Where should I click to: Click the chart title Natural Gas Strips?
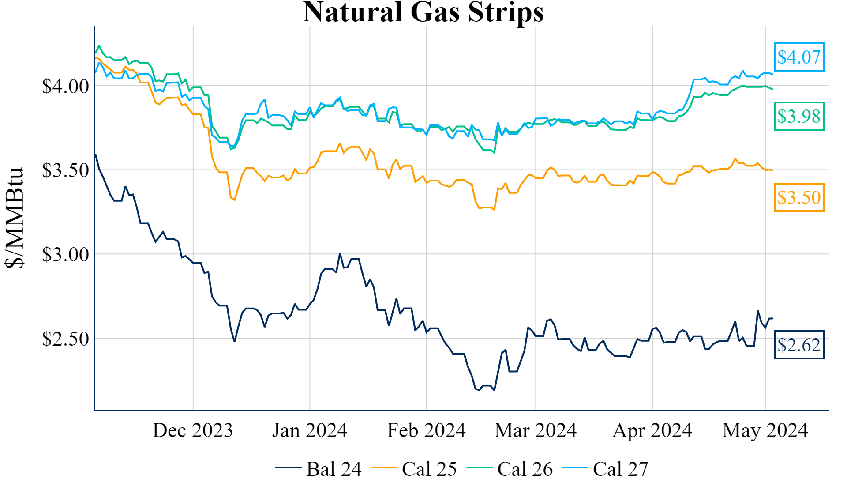423,12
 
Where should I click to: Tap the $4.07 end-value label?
798,57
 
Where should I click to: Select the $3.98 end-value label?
798,116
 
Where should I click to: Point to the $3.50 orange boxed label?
798,197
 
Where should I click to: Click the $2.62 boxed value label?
798,345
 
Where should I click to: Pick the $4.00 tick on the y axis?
65,86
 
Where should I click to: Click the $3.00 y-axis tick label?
65,255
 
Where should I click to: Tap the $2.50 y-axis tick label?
65,339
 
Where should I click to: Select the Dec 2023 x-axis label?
193,430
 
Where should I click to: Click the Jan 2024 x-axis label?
310,430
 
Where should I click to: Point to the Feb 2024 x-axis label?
426,430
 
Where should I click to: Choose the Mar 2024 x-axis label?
536,430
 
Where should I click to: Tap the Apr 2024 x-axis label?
652,430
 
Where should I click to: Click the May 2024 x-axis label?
765,430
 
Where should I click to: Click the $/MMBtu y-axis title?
15,218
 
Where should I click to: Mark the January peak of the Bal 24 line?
340,253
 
